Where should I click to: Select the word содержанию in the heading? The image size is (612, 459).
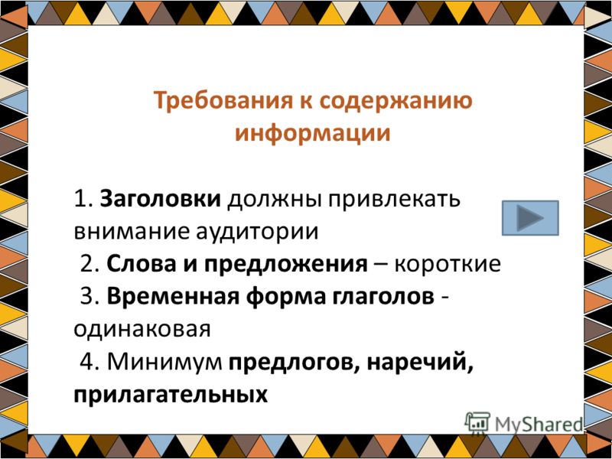[x=396, y=101]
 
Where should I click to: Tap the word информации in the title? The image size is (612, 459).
[x=312, y=133]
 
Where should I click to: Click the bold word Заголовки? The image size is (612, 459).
[x=161, y=199]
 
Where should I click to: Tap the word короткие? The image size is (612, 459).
[x=448, y=265]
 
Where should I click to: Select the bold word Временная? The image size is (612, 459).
[x=173, y=298]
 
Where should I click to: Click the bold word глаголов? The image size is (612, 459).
[x=383, y=298]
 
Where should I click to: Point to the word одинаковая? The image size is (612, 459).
[x=142, y=330]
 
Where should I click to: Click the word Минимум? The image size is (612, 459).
[x=164, y=363]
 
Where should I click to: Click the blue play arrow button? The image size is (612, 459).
[x=530, y=218]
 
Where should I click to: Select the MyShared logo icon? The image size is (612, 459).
[x=477, y=423]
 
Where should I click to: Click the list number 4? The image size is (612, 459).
[x=86, y=363]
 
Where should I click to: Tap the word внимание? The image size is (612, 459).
[x=131, y=233]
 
